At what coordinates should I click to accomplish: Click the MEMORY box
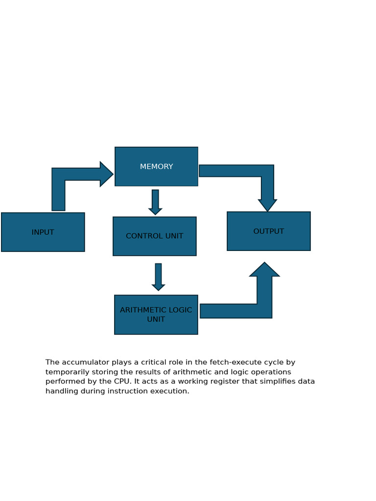(x=156, y=166)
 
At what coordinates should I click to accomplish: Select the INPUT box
(x=43, y=232)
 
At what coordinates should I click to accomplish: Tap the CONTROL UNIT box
(x=154, y=236)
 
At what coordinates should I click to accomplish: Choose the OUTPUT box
(x=269, y=231)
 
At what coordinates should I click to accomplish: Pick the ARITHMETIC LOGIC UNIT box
(x=156, y=315)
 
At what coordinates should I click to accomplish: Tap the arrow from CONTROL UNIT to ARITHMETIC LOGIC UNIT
(x=158, y=277)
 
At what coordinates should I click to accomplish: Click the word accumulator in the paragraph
(x=86, y=363)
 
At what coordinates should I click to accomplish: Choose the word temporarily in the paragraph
(x=67, y=372)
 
